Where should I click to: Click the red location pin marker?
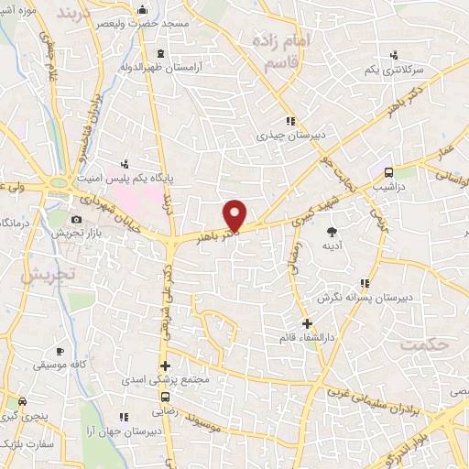(236, 214)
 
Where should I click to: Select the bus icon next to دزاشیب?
(388, 172)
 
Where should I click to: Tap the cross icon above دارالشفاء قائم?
(308, 323)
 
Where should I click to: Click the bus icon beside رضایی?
(165, 398)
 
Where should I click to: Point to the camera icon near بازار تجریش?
(77, 220)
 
